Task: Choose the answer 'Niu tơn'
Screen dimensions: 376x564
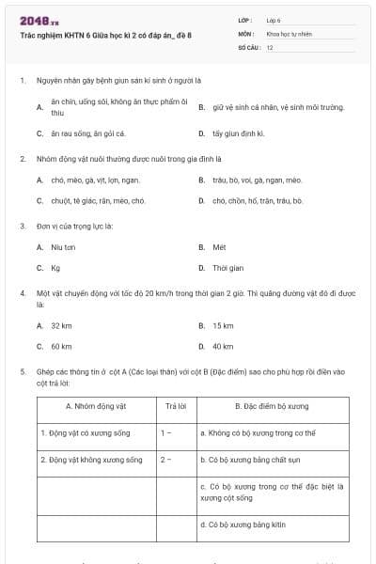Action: (63, 247)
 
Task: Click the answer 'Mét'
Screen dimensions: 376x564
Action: (219, 247)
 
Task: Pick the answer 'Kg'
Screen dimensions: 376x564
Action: (55, 268)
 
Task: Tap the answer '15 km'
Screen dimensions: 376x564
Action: (223, 325)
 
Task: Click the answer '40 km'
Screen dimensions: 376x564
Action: (223, 346)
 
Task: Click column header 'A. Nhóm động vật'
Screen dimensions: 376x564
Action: (96, 407)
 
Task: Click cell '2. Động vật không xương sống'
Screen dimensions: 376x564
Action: (91, 460)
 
